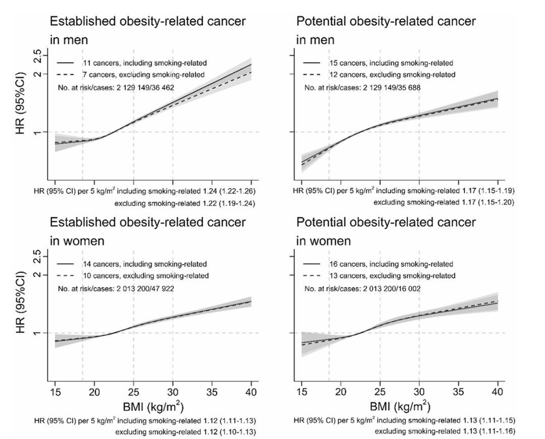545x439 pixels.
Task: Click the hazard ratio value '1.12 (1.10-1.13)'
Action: (234, 432)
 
